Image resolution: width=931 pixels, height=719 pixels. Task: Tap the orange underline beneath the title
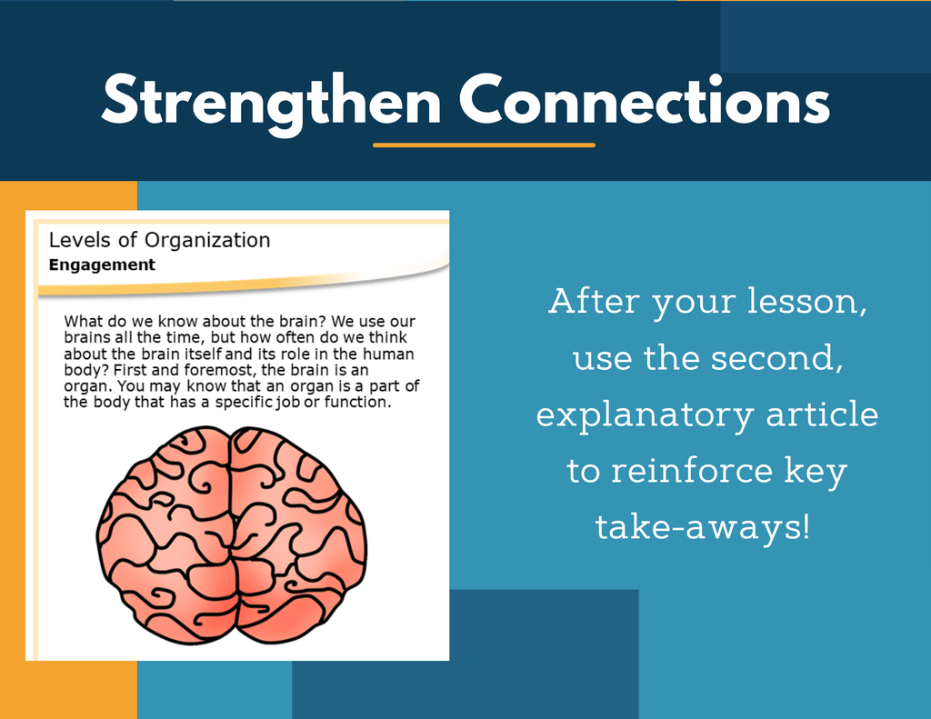tap(484, 145)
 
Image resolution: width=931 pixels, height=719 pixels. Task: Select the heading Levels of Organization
tap(159, 240)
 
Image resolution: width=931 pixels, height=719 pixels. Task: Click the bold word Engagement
tap(102, 265)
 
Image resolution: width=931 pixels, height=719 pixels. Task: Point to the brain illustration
tap(232, 535)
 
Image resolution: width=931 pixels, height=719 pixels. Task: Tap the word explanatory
tap(646, 415)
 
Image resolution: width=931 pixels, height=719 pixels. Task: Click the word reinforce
tap(692, 470)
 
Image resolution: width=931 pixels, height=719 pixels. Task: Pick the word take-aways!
tap(703, 526)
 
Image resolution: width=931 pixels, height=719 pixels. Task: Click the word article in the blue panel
tap(822, 414)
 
